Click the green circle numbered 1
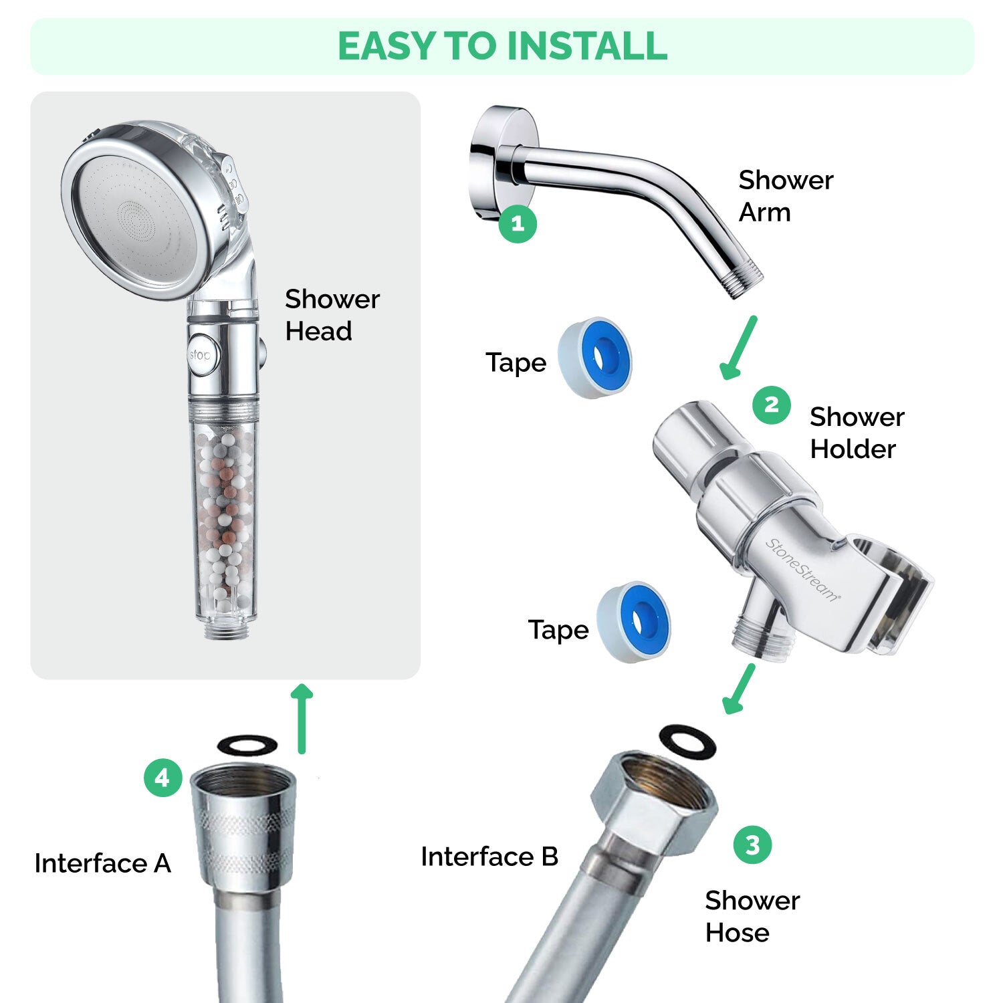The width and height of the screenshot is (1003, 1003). click(518, 223)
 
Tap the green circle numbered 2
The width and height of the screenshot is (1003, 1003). click(771, 405)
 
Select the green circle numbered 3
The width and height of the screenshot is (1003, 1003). click(752, 845)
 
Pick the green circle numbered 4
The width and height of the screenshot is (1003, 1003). click(162, 778)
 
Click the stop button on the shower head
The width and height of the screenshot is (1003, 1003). click(199, 355)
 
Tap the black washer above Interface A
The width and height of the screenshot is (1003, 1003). click(247, 744)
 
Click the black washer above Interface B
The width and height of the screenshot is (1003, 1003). click(687, 742)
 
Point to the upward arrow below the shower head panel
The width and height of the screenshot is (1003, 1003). click(302, 718)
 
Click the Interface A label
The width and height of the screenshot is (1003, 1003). click(102, 863)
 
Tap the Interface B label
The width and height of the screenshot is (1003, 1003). click(489, 857)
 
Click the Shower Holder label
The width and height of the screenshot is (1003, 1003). click(857, 433)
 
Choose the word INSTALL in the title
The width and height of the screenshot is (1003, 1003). click(587, 46)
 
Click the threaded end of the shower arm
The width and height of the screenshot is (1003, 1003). click(744, 280)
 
